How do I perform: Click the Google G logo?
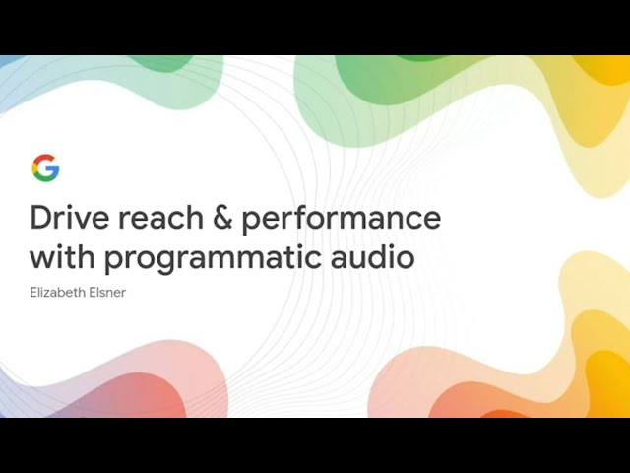tap(46, 168)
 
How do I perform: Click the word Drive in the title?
tap(70, 217)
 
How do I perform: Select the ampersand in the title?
tap(222, 218)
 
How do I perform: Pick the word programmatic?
tap(213, 259)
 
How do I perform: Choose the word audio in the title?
tap(372, 256)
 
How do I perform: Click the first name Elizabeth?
tap(57, 292)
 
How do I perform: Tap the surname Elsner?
tap(107, 292)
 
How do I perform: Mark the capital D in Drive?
tap(41, 217)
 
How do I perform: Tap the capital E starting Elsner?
tap(92, 292)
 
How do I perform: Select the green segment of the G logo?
tap(43, 177)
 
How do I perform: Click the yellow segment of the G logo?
tap(34, 169)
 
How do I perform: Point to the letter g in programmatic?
tap(170, 262)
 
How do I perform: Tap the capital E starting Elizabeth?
tap(33, 292)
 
